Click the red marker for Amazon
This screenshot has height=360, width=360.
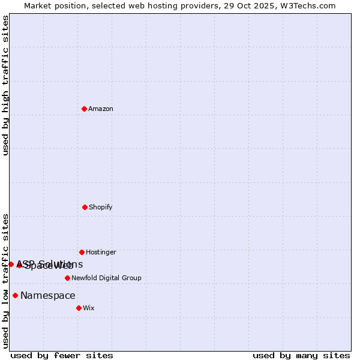point(84,109)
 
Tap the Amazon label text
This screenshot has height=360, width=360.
point(101,109)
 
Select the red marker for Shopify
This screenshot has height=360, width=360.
point(85,207)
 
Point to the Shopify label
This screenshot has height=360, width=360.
point(101,207)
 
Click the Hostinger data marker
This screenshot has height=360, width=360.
point(82,252)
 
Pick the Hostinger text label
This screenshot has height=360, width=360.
point(101,252)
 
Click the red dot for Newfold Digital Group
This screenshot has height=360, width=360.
point(67,278)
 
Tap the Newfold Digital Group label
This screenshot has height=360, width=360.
point(106,278)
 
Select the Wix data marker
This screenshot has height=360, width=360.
point(79,308)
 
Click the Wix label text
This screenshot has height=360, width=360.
point(89,308)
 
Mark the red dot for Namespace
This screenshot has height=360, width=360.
point(15,295)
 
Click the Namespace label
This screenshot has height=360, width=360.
point(48,295)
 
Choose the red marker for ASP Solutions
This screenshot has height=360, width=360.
point(11,264)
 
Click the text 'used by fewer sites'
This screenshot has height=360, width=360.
point(62,355)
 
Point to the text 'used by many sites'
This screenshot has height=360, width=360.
point(301,355)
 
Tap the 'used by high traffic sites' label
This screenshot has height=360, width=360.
point(5,85)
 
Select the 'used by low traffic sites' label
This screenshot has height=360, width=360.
point(5,280)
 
